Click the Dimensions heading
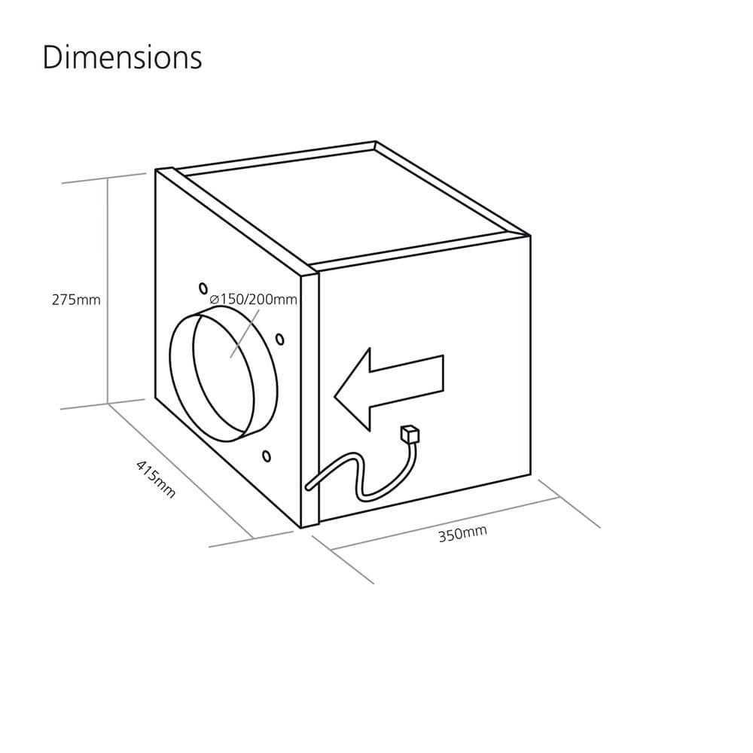tap(122, 58)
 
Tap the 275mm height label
tap(75, 300)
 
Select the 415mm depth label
tap(156, 479)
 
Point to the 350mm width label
tap(462, 534)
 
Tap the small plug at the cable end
tap(410, 434)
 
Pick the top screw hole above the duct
tap(203, 288)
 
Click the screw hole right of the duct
tap(280, 339)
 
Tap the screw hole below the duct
tap(267, 456)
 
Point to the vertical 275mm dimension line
tap(108, 294)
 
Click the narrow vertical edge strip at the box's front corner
tap(310, 399)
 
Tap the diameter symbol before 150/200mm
tap(215, 300)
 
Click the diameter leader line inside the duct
tap(239, 343)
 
